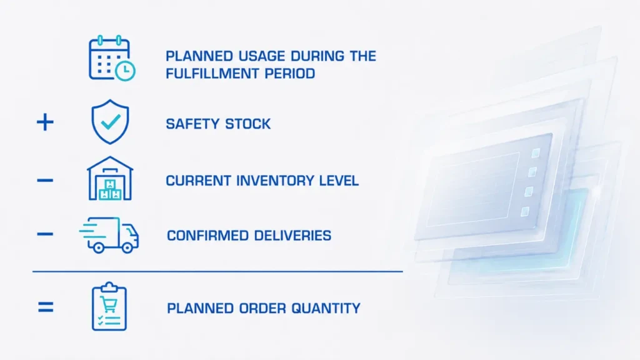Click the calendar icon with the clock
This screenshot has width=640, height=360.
[112, 58]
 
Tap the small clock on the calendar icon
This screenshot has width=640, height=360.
[125, 71]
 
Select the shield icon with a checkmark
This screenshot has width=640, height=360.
[110, 122]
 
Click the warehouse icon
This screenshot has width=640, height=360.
[110, 178]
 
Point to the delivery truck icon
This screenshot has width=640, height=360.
[109, 235]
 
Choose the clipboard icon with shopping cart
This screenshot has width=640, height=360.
[109, 306]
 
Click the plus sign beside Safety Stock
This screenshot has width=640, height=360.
[45, 122]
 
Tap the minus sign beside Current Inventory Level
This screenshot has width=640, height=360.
[45, 181]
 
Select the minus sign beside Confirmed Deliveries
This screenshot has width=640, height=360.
[45, 234]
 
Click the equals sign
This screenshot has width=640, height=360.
[45, 307]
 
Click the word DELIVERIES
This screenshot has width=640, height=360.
[292, 236]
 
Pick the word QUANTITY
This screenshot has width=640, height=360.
[326, 308]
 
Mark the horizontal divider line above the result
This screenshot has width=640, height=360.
[217, 271]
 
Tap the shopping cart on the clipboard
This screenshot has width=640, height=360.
[109, 304]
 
